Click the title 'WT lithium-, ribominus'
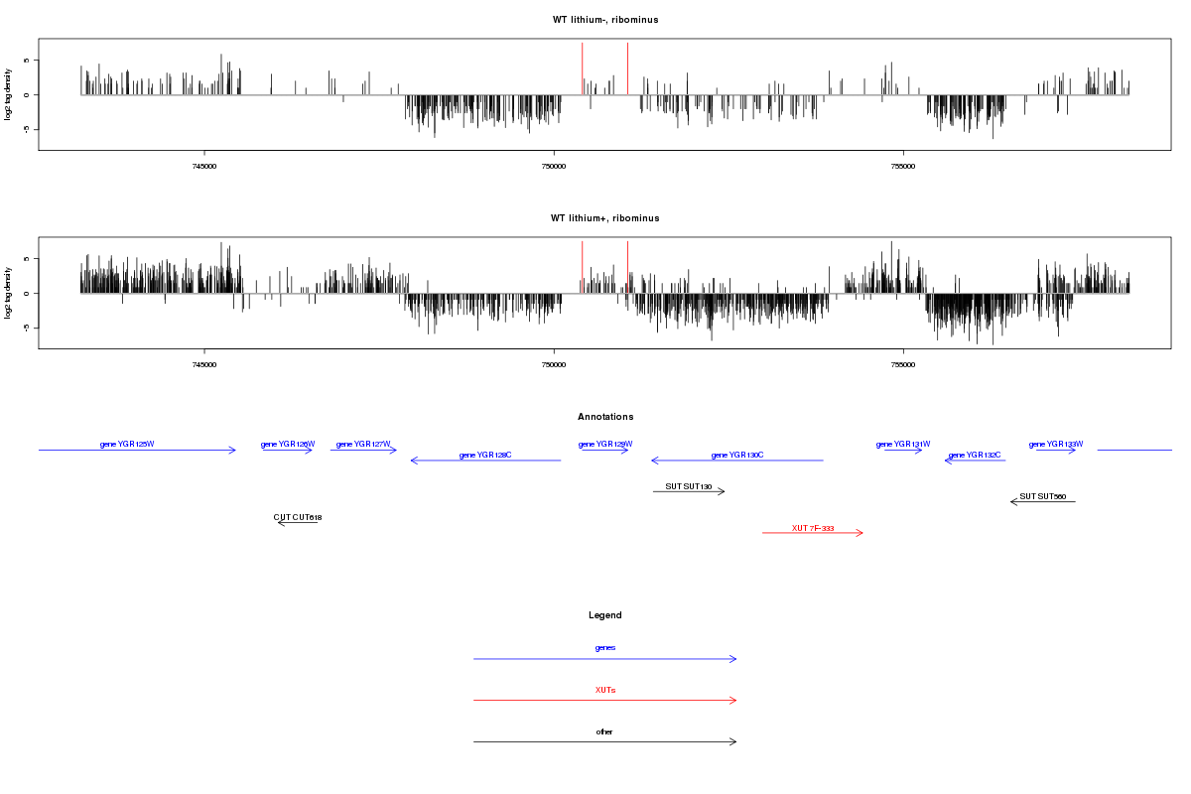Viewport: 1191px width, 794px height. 604,20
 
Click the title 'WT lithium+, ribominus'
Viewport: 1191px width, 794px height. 604,218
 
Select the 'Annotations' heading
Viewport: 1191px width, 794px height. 604,417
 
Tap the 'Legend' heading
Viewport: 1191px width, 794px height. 604,615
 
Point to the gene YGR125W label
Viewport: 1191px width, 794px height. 127,444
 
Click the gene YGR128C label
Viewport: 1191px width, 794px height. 485,455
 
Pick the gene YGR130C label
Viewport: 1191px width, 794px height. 737,455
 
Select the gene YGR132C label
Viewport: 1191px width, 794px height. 975,455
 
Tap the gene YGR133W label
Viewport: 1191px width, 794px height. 1056,444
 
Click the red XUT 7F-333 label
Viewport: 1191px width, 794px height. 813,528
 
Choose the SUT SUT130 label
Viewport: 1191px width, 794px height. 689,486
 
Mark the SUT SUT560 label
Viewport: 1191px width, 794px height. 1042,496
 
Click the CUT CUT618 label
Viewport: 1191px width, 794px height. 298,517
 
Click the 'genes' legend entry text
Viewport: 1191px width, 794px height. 604,647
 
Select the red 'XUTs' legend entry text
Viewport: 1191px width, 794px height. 604,689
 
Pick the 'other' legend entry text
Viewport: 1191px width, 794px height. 604,731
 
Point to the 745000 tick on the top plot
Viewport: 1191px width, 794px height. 203,168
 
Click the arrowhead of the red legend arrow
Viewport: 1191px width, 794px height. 734,700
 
